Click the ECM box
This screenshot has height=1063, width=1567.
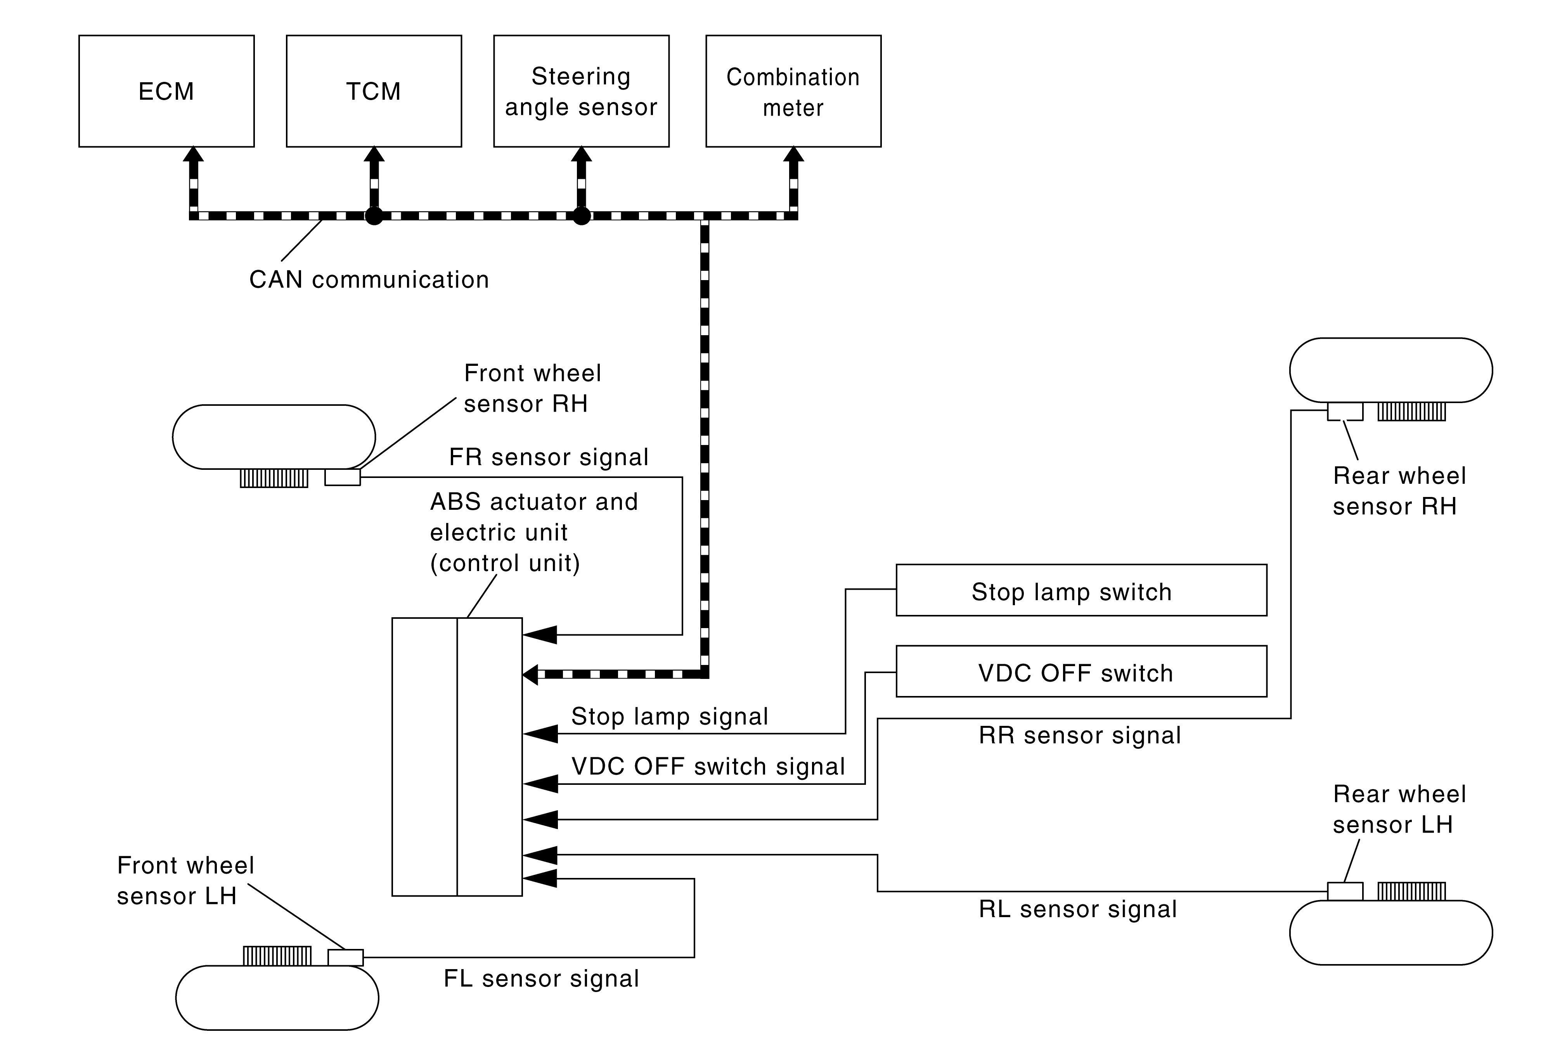coord(166,91)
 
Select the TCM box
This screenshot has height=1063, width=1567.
coord(374,91)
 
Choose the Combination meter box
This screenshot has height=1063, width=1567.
coord(793,91)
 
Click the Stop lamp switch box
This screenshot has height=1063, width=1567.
coord(1081,590)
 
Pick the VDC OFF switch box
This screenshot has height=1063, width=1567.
coord(1081,672)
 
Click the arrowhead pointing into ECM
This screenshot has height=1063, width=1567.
coord(194,154)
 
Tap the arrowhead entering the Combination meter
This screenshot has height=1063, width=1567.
coord(794,154)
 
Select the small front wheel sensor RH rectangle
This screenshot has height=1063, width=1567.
coord(343,477)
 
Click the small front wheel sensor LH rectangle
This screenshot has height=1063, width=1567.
coord(345,957)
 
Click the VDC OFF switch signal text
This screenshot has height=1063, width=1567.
coord(708,767)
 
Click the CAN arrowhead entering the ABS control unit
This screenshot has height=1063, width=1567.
coord(531,674)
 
